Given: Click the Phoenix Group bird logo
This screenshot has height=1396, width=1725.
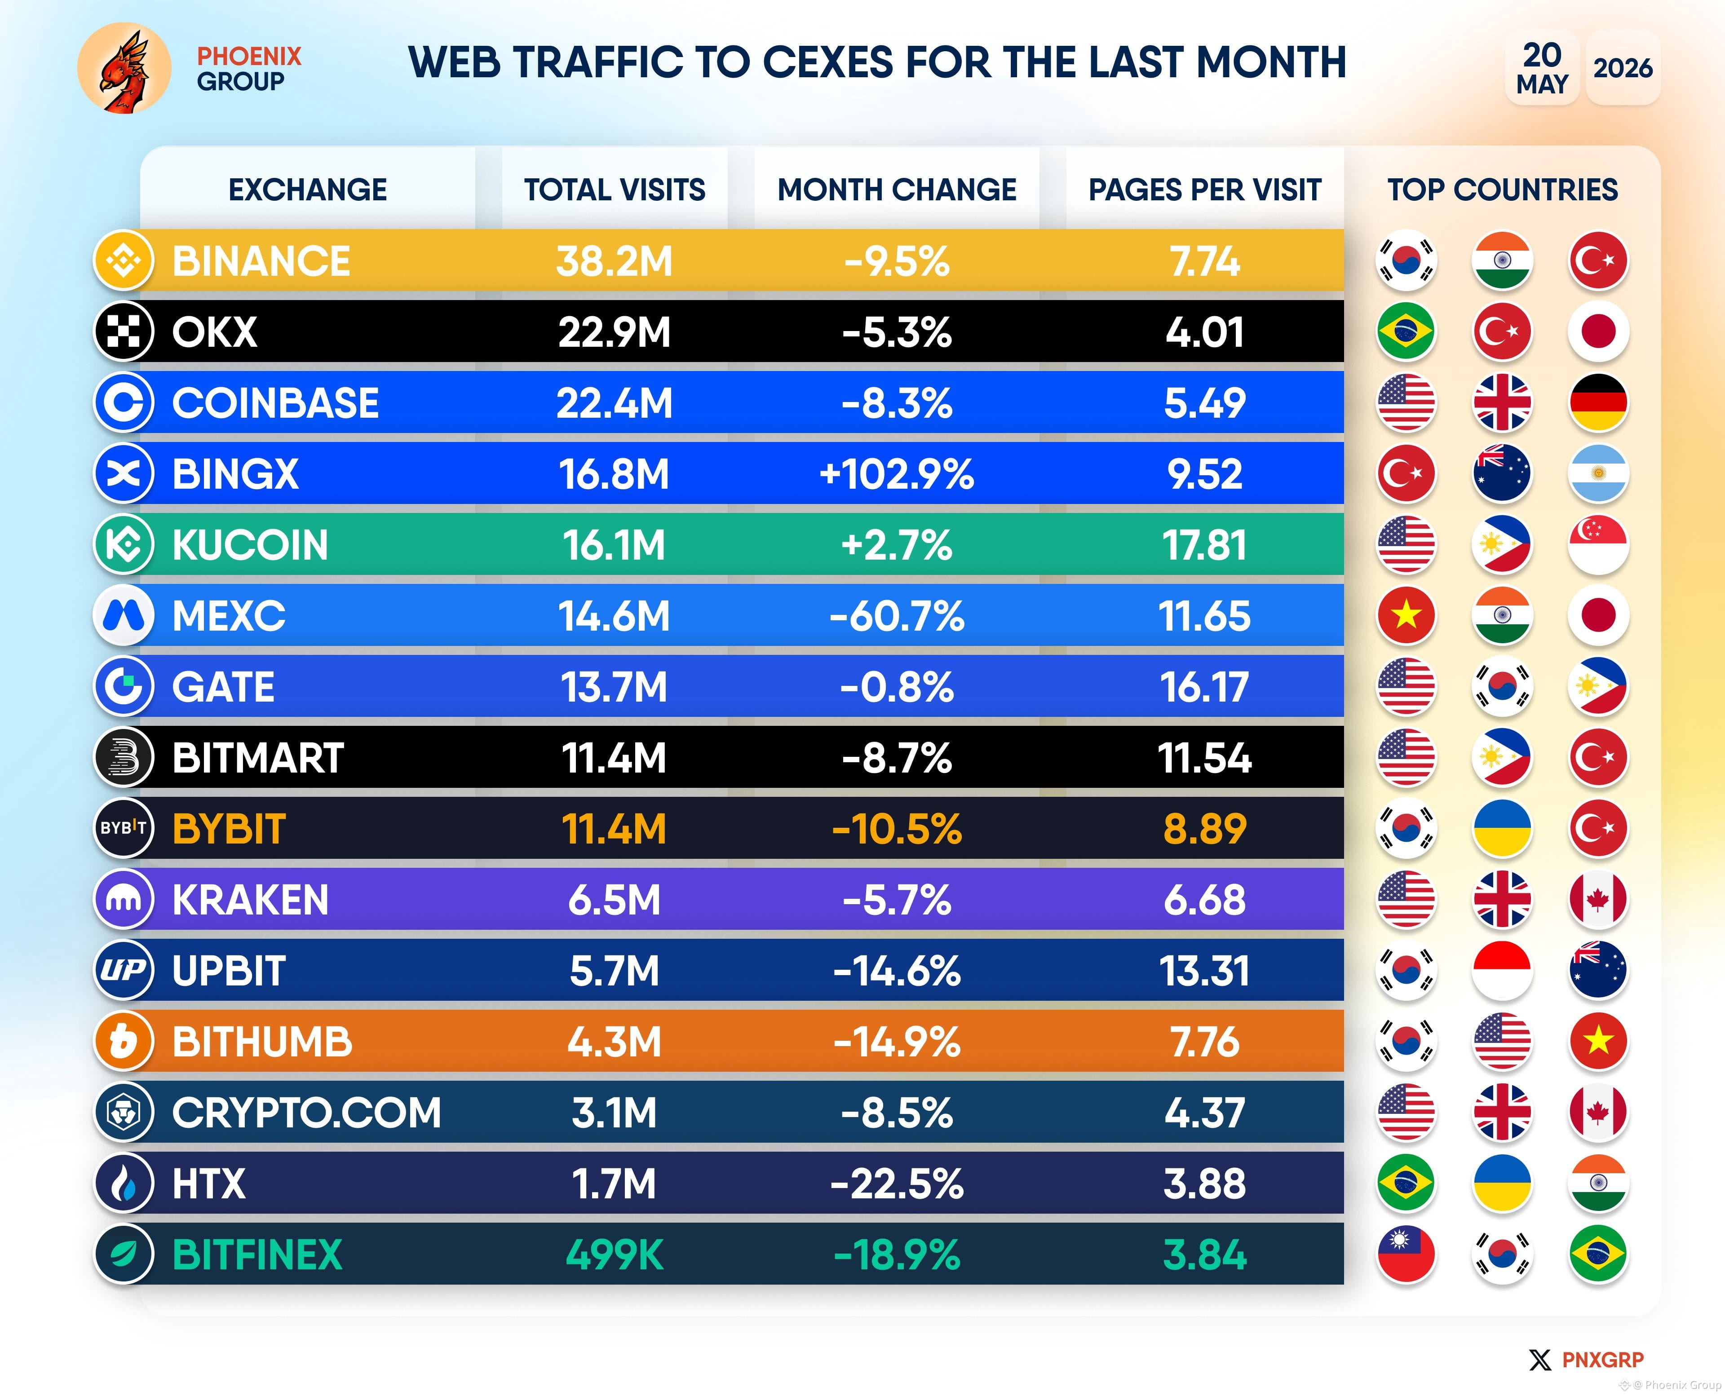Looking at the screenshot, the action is [x=124, y=68].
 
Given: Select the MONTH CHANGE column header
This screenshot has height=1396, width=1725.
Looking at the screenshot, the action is [x=897, y=190].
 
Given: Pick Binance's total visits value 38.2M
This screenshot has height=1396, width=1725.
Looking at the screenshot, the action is [x=615, y=261].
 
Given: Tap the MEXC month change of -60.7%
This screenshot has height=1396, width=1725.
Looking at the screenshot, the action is [x=897, y=616].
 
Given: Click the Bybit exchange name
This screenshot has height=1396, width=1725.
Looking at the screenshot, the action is [x=229, y=829].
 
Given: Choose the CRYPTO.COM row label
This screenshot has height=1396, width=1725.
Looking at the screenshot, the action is [x=306, y=1113].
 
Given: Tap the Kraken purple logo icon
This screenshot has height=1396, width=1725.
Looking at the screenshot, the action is [x=124, y=899].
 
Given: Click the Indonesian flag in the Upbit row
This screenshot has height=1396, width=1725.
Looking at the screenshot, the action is [x=1501, y=971].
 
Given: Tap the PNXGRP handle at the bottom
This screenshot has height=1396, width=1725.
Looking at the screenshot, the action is [x=1603, y=1360].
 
